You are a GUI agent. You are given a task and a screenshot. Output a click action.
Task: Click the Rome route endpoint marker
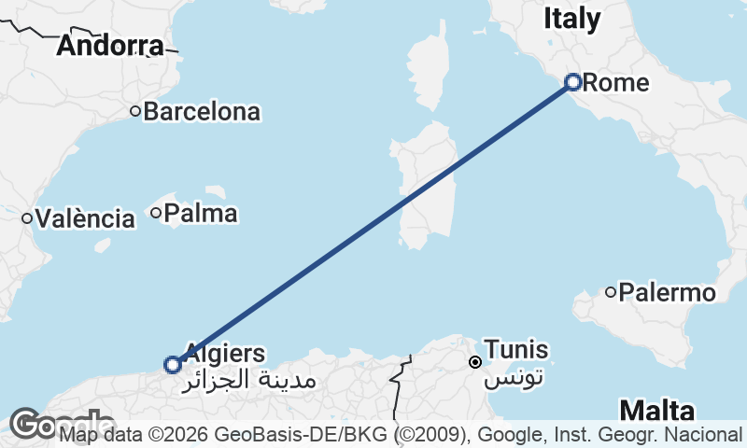point(574,82)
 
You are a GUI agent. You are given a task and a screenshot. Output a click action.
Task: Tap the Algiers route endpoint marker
point(173,364)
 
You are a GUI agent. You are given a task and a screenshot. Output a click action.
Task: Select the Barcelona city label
point(202,112)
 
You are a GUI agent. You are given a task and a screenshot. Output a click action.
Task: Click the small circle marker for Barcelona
point(135,112)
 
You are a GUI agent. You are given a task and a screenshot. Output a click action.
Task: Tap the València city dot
point(28,219)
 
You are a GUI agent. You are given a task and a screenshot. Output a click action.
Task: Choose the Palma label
point(200,214)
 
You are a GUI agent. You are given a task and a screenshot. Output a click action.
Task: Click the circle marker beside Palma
point(156,214)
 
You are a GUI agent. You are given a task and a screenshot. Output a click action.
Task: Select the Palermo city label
point(667,293)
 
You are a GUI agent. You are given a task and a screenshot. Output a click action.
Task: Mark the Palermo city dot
point(611,292)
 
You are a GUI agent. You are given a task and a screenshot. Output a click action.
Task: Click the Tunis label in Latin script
point(515,350)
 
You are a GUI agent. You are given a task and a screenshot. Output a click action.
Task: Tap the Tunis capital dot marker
point(475,362)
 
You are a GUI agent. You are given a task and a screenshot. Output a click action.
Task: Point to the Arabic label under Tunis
point(513,377)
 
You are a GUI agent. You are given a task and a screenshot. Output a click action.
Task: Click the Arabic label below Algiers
point(252,380)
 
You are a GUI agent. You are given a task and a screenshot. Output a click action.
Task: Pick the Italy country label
point(572,17)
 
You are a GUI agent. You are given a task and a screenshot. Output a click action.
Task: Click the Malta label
point(656,411)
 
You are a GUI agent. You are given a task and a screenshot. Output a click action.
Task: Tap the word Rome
point(615,82)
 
